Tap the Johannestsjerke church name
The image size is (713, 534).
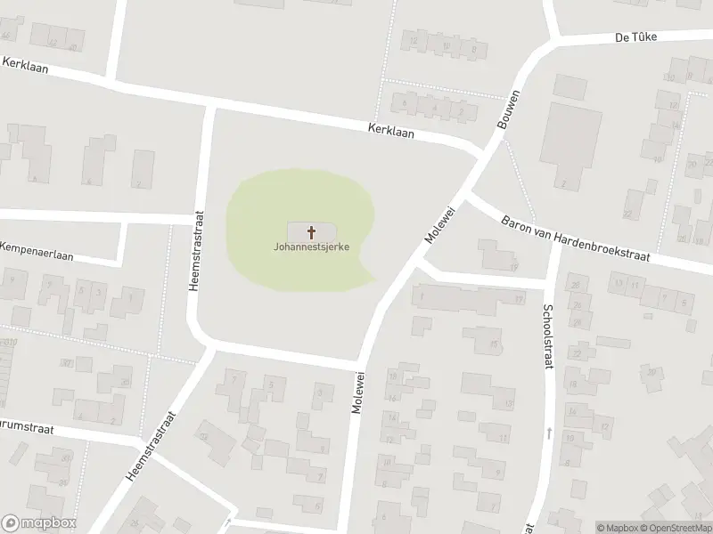point(311,247)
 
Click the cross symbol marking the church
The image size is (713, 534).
point(312,232)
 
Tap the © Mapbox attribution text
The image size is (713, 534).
point(614,528)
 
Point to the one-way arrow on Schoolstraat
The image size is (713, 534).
point(550,433)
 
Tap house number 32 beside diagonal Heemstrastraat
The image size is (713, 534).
point(204,436)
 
